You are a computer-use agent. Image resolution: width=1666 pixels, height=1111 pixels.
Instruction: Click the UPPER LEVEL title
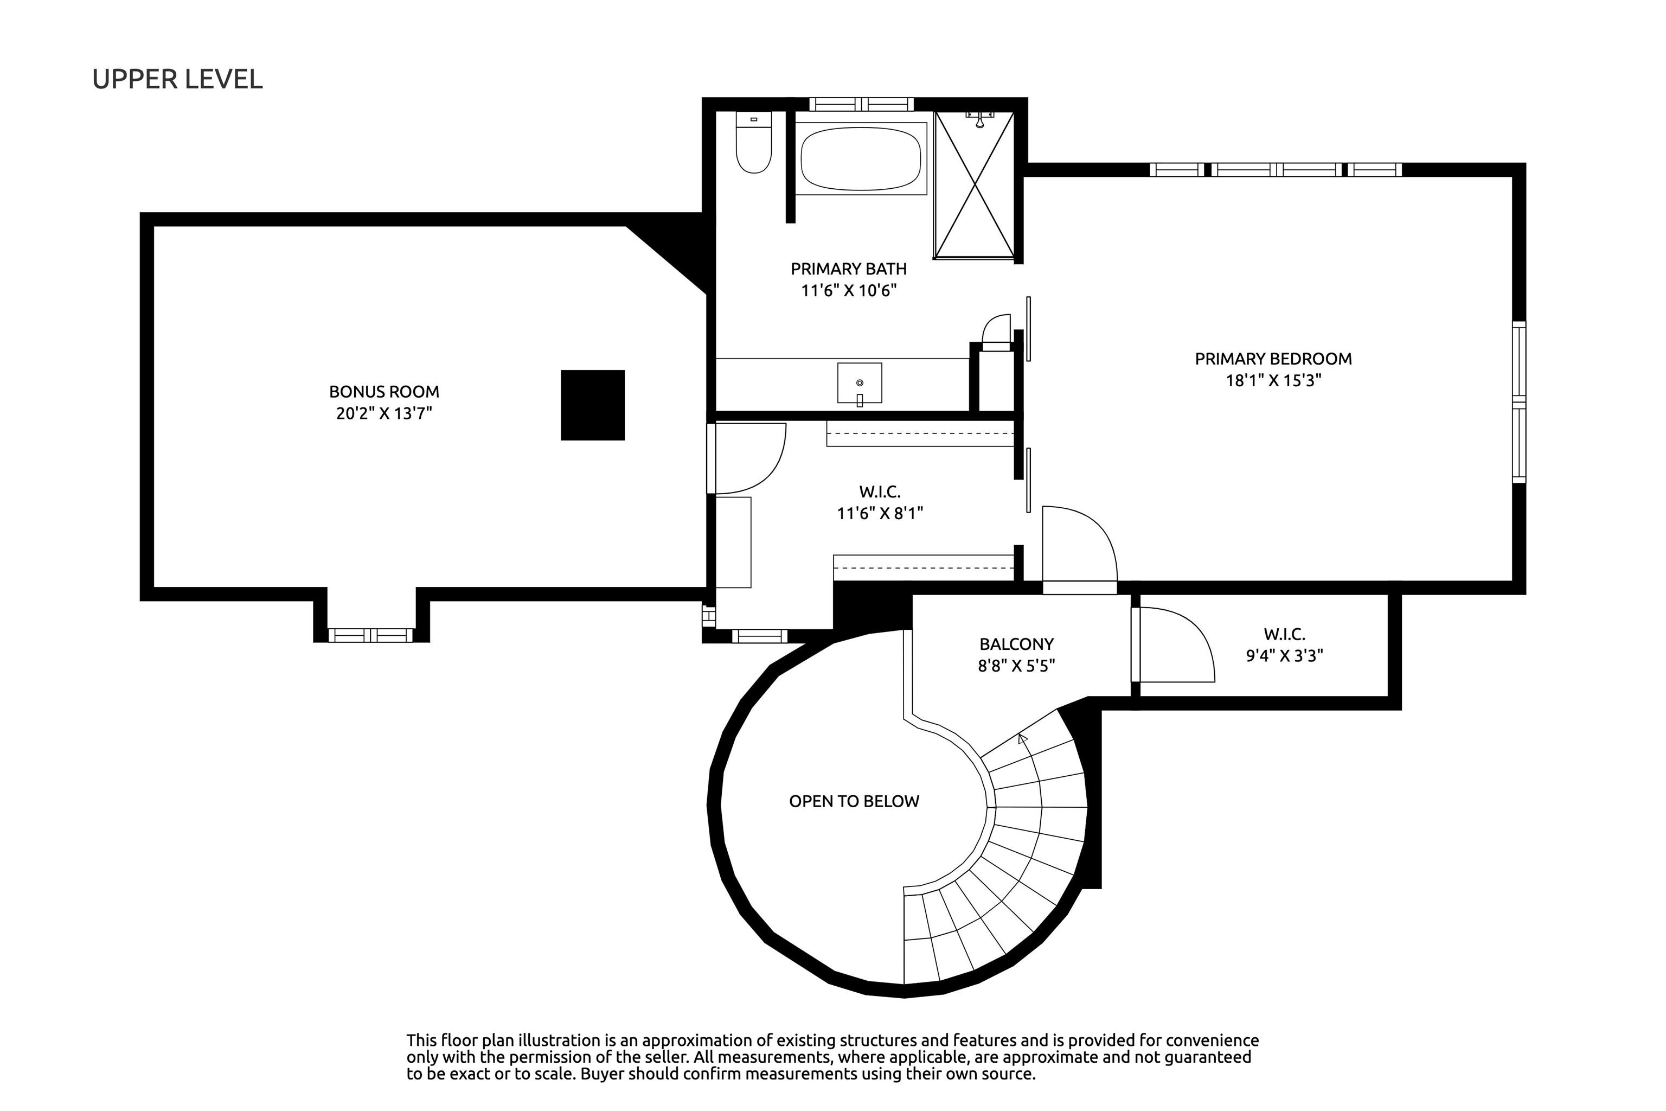177,79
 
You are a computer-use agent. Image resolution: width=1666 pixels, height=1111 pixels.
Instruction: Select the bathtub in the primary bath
861,158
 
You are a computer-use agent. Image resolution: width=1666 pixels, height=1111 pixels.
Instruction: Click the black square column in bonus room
593,405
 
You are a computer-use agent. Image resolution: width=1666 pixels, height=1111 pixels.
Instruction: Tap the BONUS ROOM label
384,392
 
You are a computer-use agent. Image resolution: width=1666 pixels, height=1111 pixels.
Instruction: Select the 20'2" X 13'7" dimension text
384,413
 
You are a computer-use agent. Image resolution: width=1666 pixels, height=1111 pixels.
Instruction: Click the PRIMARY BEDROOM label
1273,359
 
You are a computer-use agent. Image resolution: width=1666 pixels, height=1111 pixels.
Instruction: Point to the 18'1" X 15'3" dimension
1273,380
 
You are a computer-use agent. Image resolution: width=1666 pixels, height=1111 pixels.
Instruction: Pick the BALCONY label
1016,644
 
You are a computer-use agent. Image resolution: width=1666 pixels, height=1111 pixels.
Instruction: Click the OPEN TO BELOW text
854,801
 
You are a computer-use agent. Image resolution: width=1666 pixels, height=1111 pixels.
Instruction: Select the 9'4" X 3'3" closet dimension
1284,655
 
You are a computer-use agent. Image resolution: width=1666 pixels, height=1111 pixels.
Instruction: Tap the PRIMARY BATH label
849,269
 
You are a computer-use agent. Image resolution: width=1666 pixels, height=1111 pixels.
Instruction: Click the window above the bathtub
861,104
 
